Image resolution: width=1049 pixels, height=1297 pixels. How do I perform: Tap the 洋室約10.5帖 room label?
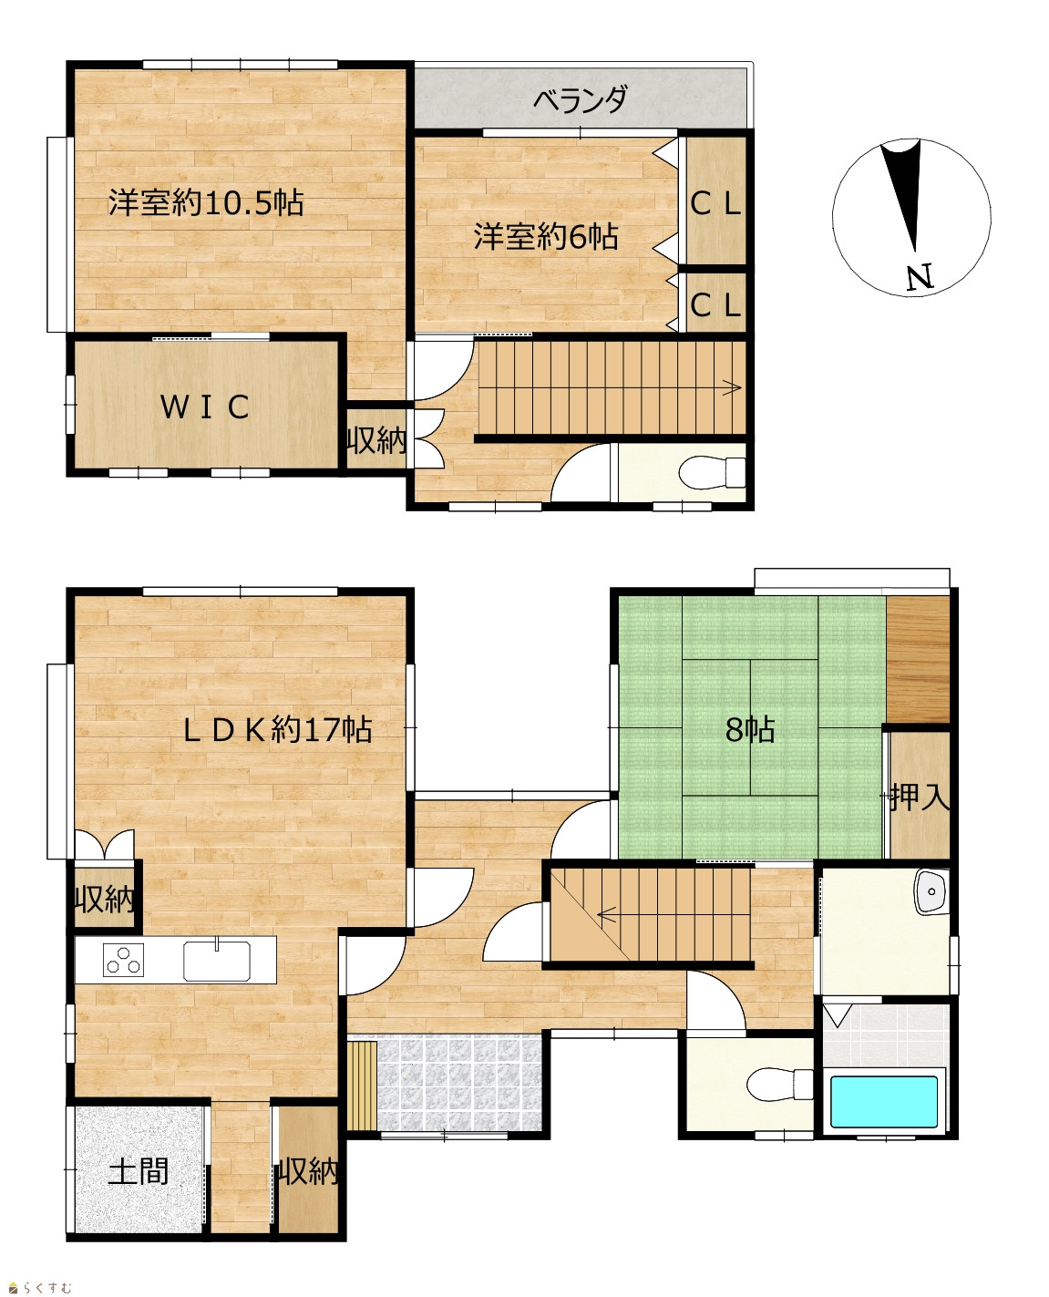tap(206, 202)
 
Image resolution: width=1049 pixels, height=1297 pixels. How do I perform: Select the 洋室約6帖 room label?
tap(546, 237)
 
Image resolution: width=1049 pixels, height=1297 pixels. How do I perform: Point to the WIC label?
tap(205, 407)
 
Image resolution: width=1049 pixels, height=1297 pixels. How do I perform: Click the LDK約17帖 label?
tap(278, 729)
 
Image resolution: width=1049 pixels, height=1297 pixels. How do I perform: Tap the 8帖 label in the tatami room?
tap(749, 729)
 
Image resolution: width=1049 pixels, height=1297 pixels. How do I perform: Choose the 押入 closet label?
tap(920, 798)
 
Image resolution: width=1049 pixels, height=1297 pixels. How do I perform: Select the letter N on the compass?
tap(920, 278)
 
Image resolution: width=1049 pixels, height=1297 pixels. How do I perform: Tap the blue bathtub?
tap(884, 1102)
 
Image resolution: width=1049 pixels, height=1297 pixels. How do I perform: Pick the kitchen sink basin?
tap(217, 961)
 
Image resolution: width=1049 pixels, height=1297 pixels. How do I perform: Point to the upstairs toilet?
tap(712, 472)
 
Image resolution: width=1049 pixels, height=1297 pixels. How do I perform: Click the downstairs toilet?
tap(780, 1085)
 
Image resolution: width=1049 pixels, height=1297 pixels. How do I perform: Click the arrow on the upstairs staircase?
tap(731, 386)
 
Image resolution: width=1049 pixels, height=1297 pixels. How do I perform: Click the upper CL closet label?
tap(715, 204)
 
